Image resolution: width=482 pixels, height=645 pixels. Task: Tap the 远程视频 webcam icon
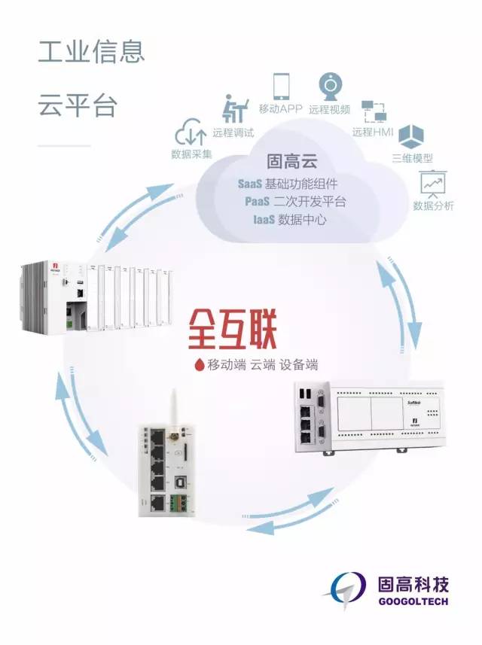click(x=332, y=86)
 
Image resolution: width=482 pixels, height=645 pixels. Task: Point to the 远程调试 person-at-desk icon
click(x=233, y=110)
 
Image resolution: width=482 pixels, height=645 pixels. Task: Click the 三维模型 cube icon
click(x=411, y=138)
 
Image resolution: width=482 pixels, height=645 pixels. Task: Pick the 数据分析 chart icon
click(x=432, y=183)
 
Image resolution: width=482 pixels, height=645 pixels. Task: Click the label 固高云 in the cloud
click(x=290, y=162)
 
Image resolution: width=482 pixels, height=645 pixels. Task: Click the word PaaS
click(x=258, y=202)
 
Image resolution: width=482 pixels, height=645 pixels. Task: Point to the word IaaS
click(x=263, y=220)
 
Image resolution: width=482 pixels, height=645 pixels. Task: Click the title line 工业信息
click(x=91, y=53)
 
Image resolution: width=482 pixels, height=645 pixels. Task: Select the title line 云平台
click(x=78, y=105)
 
